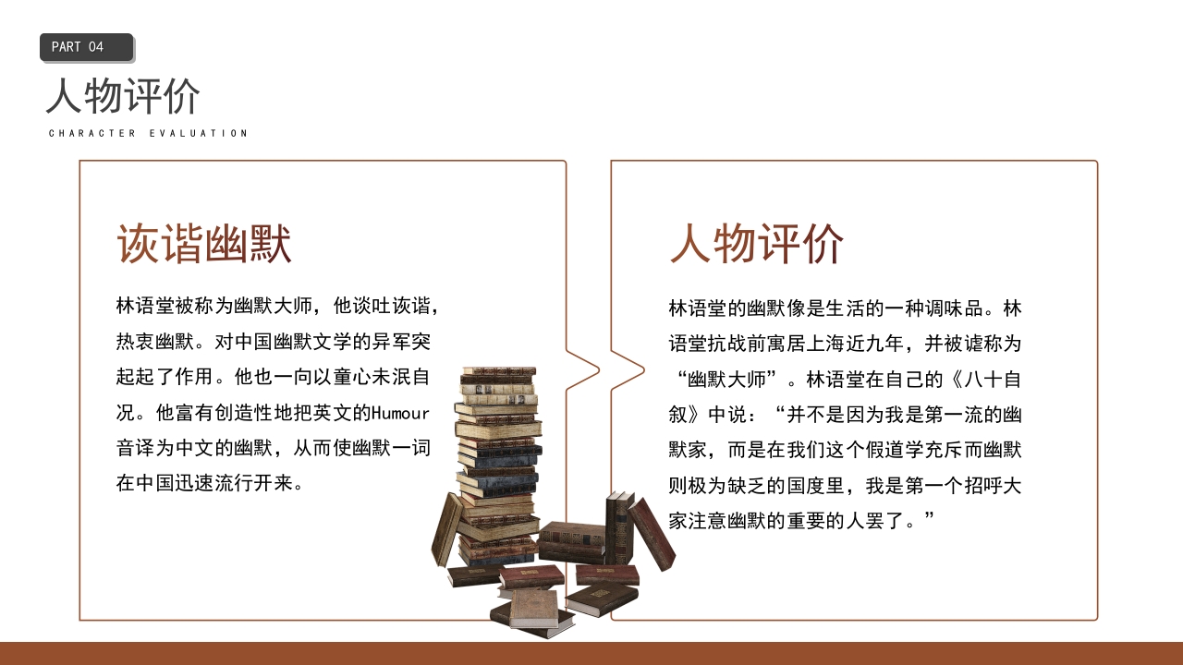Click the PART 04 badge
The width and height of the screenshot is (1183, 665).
86,47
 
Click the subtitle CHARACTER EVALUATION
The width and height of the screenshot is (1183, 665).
148,133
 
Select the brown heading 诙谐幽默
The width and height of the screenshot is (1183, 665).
203,245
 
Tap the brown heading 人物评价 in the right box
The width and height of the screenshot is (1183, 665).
756,245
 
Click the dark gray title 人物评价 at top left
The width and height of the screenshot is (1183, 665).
123,96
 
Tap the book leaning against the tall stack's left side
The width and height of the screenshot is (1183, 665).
447,529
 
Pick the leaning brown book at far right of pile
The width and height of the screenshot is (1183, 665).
652,534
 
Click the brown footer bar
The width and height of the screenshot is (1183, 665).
591,653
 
